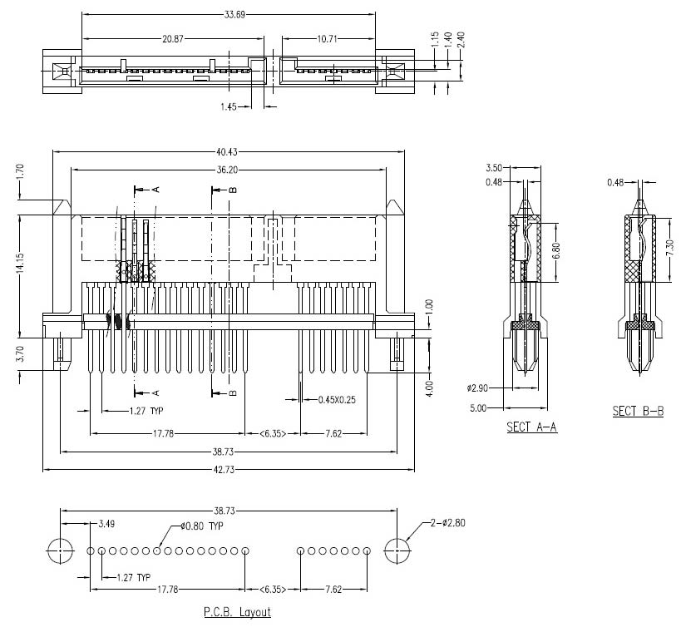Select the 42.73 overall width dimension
coord(228,470)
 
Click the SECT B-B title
coord(638,411)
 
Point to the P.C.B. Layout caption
coord(237,612)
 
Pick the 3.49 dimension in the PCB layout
coord(106,525)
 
